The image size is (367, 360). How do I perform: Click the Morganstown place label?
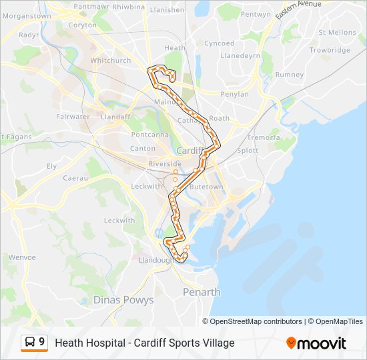click(x=26, y=15)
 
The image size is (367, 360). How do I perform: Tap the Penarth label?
click(x=202, y=292)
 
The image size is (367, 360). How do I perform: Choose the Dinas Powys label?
click(x=123, y=300)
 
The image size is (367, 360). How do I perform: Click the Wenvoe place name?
click(x=21, y=257)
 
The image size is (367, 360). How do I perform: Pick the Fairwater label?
click(x=73, y=117)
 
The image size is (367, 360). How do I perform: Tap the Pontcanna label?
click(x=151, y=134)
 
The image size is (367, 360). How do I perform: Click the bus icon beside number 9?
click(x=30, y=342)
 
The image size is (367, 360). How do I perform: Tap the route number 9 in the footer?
click(x=42, y=342)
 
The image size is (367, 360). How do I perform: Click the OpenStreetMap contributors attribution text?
click(x=256, y=321)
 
